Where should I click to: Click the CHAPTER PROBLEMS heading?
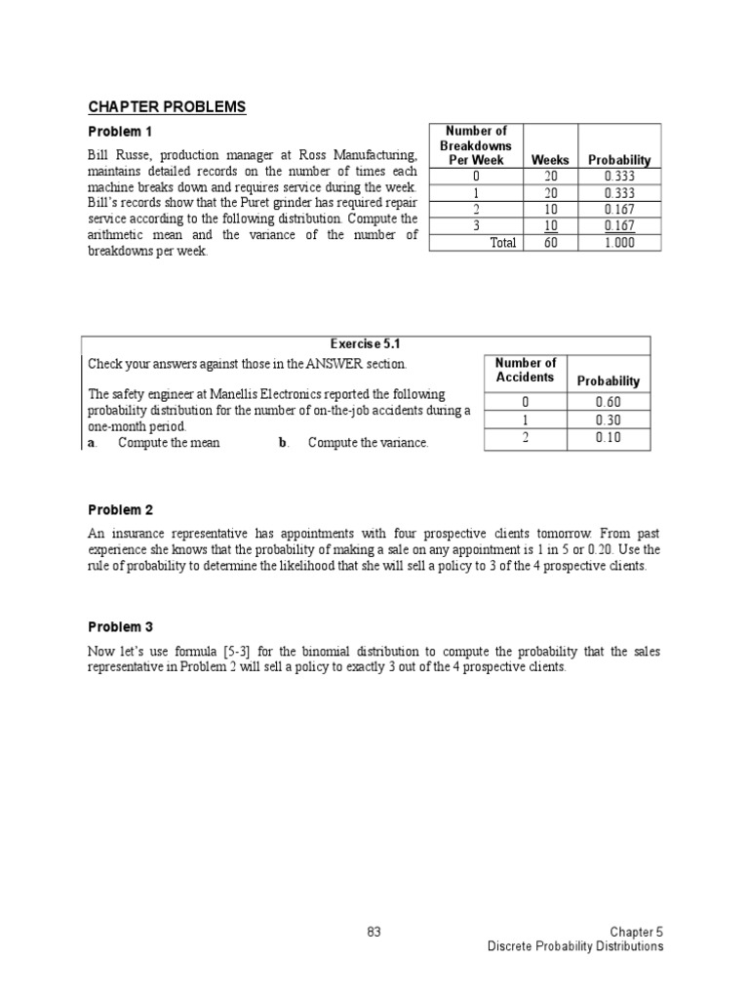pos(167,106)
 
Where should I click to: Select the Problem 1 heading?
pos(121,131)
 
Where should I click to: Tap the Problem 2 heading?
pos(121,510)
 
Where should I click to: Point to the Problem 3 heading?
pos(121,627)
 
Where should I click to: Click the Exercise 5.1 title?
pos(366,344)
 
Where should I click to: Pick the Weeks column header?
pos(550,160)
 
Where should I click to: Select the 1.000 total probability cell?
pos(618,243)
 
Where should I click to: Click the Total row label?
pos(503,243)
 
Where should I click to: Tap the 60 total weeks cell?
pos(550,243)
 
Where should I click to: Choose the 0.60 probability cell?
pos(608,402)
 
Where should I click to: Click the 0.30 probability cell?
pos(608,420)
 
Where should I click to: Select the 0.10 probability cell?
pos(608,438)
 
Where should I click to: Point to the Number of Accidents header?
pos(525,371)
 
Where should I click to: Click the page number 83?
pos(374,932)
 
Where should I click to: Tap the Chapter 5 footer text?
pos(637,932)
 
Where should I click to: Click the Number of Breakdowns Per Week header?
pos(475,145)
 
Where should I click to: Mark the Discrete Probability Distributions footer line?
pos(575,946)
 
